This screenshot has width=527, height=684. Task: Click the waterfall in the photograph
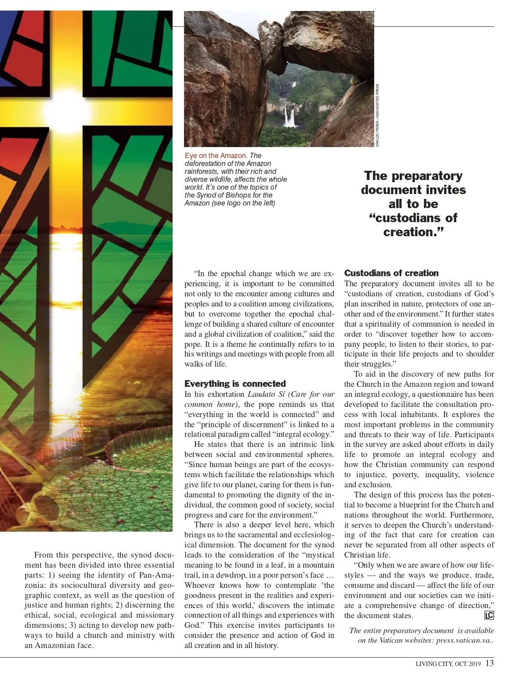point(289,115)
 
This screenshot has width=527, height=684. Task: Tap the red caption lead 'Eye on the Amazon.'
point(216,156)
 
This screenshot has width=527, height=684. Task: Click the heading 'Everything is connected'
point(235,384)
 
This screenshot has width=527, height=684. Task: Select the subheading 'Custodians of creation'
point(391,273)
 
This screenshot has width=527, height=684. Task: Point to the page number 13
point(490,663)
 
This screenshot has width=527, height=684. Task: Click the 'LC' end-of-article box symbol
point(489,616)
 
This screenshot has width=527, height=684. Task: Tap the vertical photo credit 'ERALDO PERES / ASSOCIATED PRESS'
point(377,115)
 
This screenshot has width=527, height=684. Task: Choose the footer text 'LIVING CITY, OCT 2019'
point(448,664)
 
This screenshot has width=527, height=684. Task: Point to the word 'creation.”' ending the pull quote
point(413,232)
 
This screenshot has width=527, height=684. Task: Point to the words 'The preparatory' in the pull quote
point(413,176)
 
